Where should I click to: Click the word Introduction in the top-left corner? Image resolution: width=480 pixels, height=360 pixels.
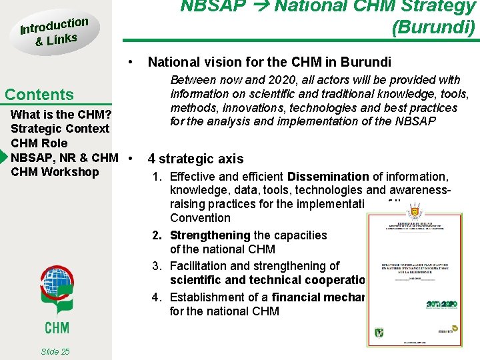(x=53, y=25)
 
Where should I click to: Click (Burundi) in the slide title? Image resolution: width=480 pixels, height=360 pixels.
(x=433, y=28)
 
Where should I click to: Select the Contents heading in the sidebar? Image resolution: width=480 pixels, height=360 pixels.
(x=39, y=95)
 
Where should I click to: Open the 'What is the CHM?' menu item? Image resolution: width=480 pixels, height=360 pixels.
(x=61, y=114)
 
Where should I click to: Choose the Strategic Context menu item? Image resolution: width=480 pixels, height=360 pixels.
(x=60, y=129)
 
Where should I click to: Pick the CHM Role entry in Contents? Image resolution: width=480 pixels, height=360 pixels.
(x=39, y=143)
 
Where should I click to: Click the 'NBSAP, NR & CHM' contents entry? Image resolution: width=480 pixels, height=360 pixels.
(x=65, y=158)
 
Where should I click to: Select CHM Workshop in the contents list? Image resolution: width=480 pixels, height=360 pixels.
(x=55, y=172)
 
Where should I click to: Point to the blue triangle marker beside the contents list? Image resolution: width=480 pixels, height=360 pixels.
(x=3, y=158)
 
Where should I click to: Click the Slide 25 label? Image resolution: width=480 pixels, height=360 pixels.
(x=55, y=351)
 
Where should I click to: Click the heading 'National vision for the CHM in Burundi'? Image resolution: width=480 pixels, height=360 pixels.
(x=269, y=63)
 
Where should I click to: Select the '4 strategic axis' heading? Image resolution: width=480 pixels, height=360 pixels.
(x=195, y=159)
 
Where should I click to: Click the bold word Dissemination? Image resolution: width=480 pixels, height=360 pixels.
(x=328, y=177)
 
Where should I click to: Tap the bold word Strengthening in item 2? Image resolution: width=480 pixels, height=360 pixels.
(x=210, y=235)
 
